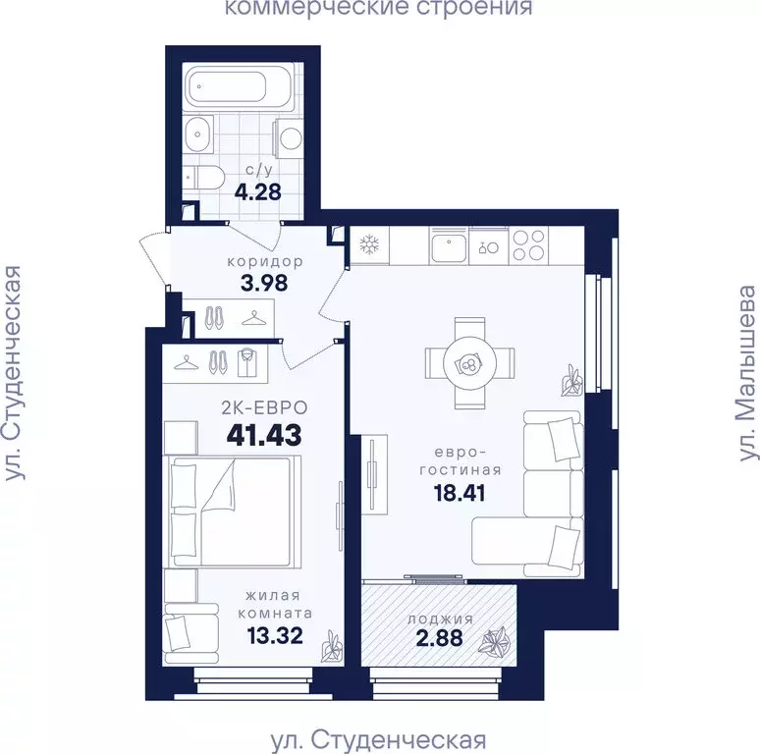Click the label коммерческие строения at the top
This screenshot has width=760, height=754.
pyautogui.click(x=378, y=9)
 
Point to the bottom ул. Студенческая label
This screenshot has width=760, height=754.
pyautogui.click(x=378, y=738)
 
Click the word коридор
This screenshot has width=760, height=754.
pyautogui.click(x=264, y=261)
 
